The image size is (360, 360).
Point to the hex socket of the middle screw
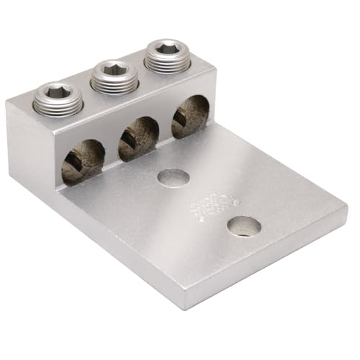coord(112,70)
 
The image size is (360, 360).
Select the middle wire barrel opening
coord(138,138)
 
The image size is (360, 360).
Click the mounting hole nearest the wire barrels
coord(173,177)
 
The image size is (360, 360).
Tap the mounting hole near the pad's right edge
coord(244,227)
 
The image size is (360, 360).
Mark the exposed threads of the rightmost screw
coord(167,65)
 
